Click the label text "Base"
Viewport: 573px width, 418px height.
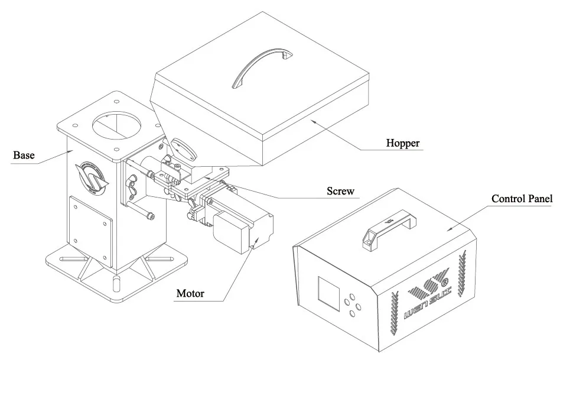tap(24, 155)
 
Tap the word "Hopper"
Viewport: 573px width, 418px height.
tap(403, 143)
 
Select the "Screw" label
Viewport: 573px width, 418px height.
tap(340, 191)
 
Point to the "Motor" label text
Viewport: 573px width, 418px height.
tap(190, 294)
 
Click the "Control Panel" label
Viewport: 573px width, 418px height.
tap(522, 199)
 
